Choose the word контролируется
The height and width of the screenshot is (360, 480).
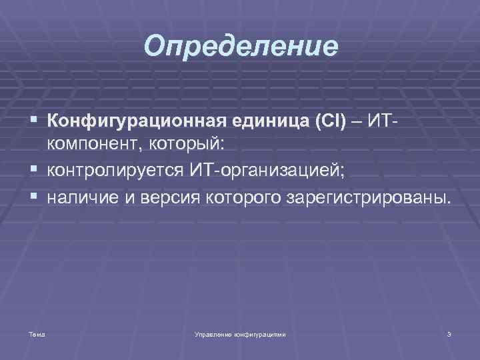point(117,171)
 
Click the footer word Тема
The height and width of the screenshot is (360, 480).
point(37,334)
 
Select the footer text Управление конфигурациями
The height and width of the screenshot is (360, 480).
point(239,334)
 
